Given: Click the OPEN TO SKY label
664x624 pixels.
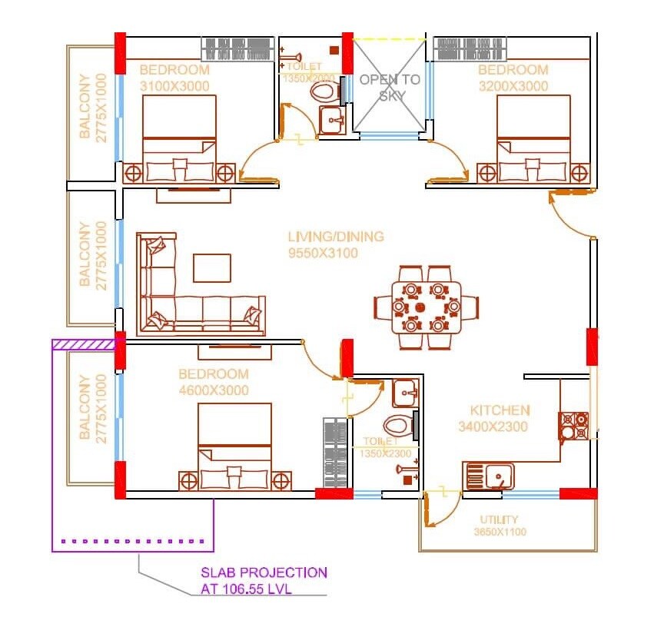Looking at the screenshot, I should pyautogui.click(x=390, y=88).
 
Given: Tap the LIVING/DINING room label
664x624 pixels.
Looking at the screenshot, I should pyautogui.click(x=335, y=244).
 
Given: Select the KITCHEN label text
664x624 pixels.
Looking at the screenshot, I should pyautogui.click(x=500, y=418).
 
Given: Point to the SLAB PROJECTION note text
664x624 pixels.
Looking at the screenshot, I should pyautogui.click(x=263, y=581).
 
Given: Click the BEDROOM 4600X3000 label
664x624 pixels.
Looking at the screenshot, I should pyautogui.click(x=214, y=382).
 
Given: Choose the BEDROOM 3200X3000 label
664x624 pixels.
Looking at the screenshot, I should pyautogui.click(x=513, y=78).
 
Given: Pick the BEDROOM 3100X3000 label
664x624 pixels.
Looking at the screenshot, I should pyautogui.click(x=174, y=78).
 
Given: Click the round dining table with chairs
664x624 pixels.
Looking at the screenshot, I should pyautogui.click(x=425, y=306).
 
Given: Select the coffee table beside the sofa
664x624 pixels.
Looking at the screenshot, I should pyautogui.click(x=211, y=268).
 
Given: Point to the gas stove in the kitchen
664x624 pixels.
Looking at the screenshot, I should pyautogui.click(x=573, y=425).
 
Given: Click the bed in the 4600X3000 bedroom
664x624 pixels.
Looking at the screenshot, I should pyautogui.click(x=234, y=446).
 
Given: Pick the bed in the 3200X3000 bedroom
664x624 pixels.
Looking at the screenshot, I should pyautogui.click(x=533, y=138).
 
